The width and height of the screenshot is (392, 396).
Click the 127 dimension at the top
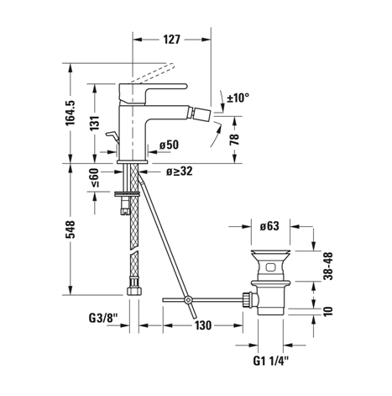(x=171, y=40)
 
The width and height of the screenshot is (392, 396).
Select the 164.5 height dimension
(x=71, y=113)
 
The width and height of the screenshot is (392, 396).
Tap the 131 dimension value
(x=95, y=123)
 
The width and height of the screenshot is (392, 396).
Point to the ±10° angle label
(x=238, y=98)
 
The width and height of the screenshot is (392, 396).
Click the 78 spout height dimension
(x=234, y=140)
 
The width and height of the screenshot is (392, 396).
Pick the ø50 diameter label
(x=169, y=145)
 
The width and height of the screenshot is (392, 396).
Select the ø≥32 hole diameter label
(x=180, y=172)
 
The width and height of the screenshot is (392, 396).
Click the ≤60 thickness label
(x=95, y=177)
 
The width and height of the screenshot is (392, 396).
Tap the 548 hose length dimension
(x=71, y=230)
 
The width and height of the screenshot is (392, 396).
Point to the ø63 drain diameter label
(x=269, y=226)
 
